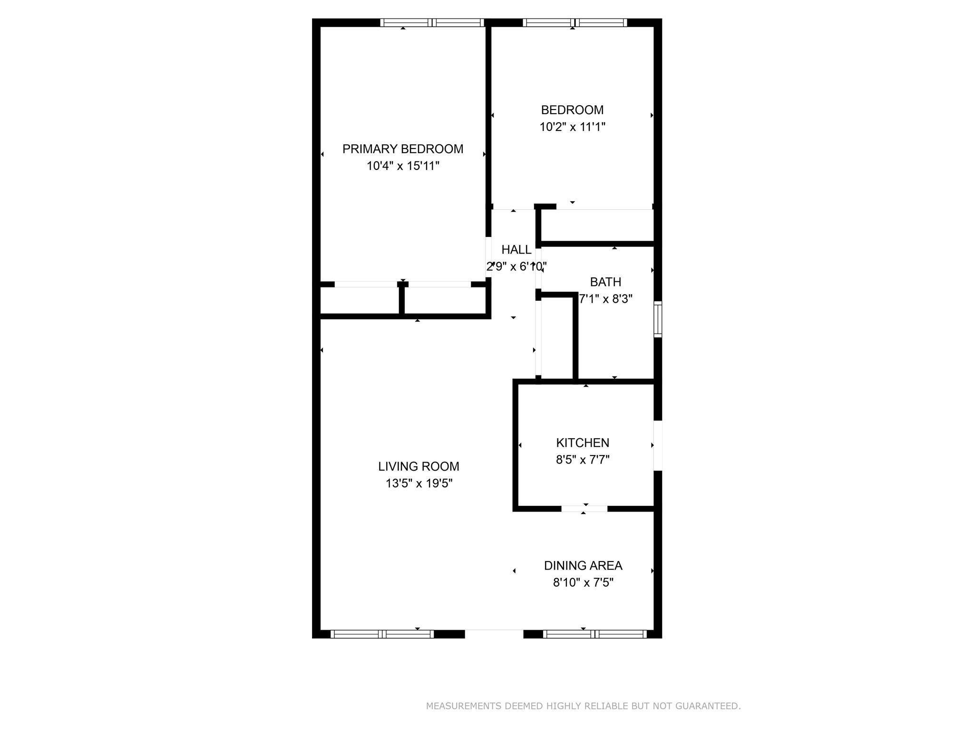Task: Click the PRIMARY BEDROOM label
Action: click(403, 149)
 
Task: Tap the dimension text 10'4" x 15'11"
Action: click(403, 166)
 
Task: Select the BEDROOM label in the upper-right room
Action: click(572, 110)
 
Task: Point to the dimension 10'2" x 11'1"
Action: click(572, 127)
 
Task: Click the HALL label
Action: click(516, 249)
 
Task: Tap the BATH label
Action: click(605, 282)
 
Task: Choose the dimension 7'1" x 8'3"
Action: click(605, 299)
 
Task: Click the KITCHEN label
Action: click(583, 443)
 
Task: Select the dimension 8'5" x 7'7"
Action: click(583, 460)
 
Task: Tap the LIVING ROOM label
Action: click(419, 466)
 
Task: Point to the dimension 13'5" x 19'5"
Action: click(419, 484)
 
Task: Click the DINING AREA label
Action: click(583, 565)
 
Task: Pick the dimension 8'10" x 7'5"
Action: click(583, 583)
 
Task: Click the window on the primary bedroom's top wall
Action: click(432, 22)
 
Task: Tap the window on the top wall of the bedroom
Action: click(575, 22)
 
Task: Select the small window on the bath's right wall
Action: click(658, 319)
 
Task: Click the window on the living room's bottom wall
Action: click(382, 634)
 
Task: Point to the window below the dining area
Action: click(595, 634)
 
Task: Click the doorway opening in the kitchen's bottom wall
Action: click(584, 509)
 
